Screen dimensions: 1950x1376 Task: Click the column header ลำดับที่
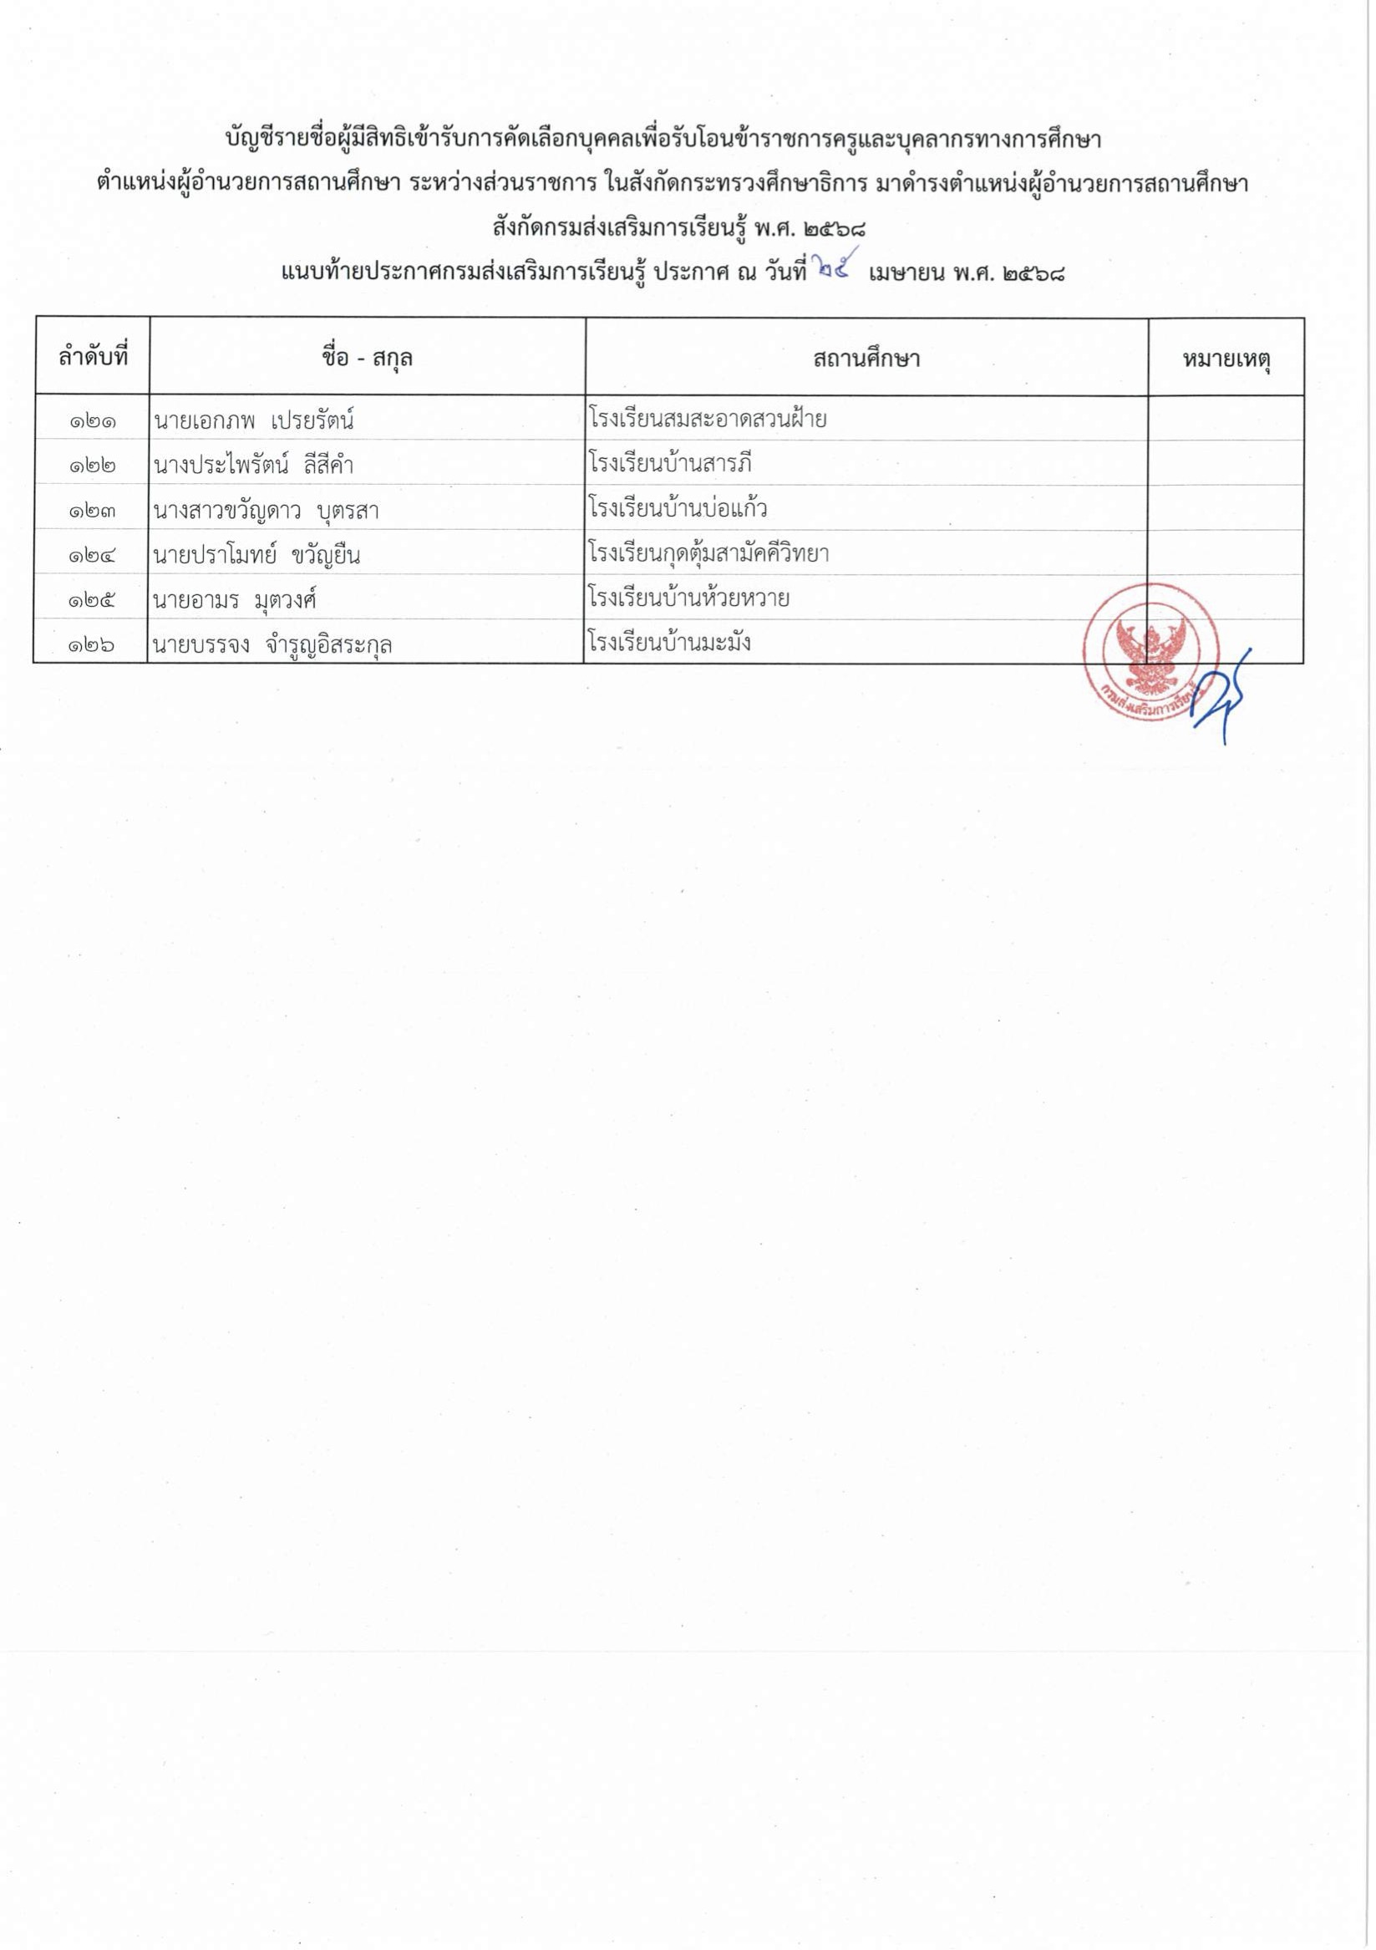pos(92,358)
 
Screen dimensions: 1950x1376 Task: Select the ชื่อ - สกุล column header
pos(367,359)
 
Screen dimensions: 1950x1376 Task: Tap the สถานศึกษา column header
pos(866,359)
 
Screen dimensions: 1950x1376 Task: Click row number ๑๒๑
pos(92,420)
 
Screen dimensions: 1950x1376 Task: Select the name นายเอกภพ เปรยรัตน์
pos(254,420)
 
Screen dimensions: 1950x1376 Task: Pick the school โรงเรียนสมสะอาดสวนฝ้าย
pos(707,419)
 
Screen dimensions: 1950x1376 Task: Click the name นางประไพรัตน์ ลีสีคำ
pos(254,466)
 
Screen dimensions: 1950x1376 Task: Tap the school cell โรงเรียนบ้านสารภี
pos(670,464)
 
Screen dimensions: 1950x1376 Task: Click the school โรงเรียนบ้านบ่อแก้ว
pos(678,509)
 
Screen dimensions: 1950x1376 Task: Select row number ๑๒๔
pos(92,556)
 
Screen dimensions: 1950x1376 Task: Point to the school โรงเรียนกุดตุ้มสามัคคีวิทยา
pos(708,554)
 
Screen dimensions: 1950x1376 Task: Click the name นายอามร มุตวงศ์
pos(235,600)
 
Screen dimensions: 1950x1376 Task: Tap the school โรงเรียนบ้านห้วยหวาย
pos(688,598)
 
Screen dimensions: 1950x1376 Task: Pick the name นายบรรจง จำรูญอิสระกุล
pos(272,645)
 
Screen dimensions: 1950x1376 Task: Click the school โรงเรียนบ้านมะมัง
pos(669,643)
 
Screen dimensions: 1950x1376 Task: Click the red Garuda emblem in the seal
pos(1151,649)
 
